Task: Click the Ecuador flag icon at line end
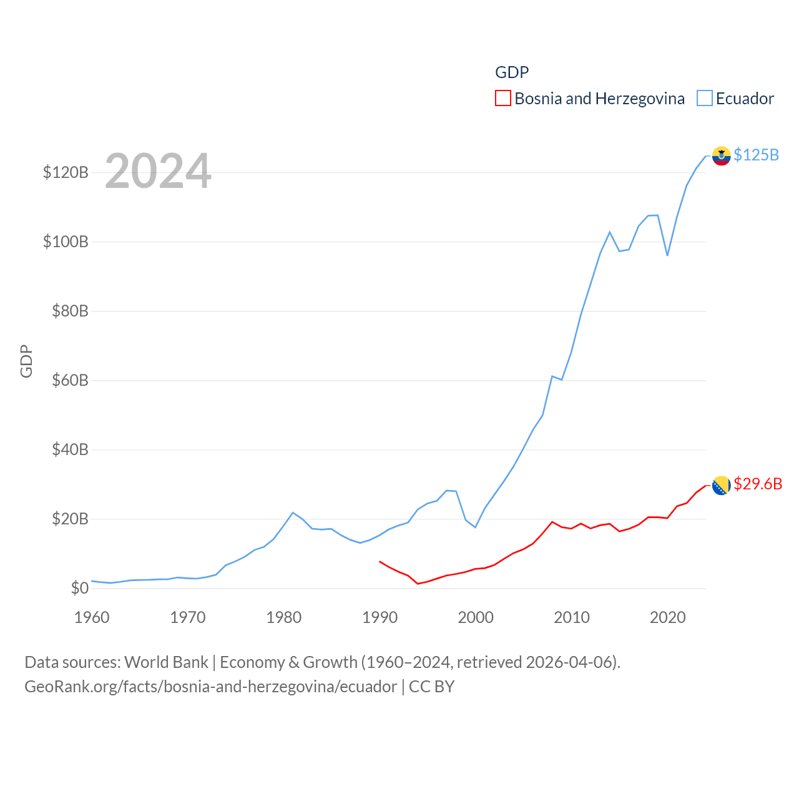click(721, 156)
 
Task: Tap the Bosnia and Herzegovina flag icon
click(721, 485)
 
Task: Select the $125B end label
click(756, 155)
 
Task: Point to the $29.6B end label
click(758, 484)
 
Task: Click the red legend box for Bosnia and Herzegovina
click(502, 99)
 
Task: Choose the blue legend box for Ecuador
click(704, 99)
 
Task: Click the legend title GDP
click(512, 72)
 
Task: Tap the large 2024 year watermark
click(158, 171)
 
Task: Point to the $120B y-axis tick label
click(66, 172)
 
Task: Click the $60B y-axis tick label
click(70, 380)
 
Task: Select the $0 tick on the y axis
click(79, 588)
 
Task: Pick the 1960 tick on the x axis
click(92, 617)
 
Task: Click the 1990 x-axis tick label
click(380, 617)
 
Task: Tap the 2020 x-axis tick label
click(667, 617)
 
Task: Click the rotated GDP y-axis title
click(26, 361)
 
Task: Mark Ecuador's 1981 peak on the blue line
click(293, 512)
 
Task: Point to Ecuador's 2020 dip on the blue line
click(667, 255)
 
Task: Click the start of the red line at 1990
click(380, 561)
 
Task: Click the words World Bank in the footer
click(166, 662)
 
